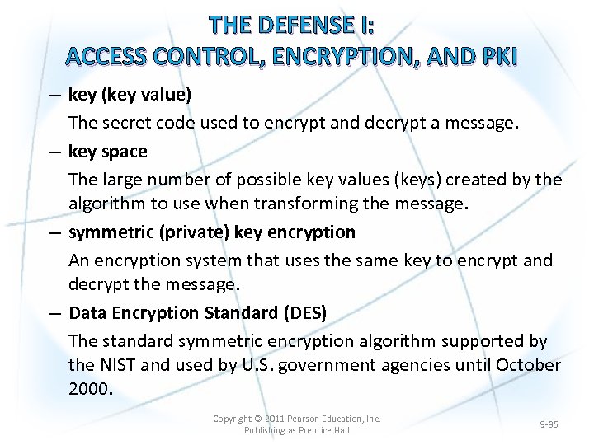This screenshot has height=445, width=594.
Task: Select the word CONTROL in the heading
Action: tap(200, 56)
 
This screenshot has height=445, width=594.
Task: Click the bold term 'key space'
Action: tap(108, 152)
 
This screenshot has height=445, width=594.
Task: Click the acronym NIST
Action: tap(119, 365)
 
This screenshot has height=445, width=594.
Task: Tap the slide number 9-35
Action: tap(549, 424)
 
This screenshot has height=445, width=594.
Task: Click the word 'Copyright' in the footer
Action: tap(233, 419)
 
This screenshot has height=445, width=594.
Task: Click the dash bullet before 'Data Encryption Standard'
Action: tap(53, 314)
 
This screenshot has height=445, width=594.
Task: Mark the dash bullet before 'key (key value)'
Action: tap(53, 96)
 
